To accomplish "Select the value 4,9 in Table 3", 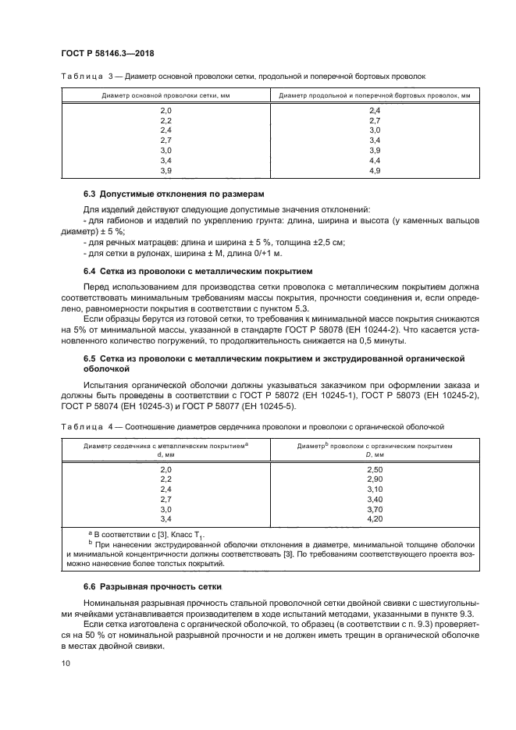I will (374, 170).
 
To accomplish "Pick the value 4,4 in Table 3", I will (374, 160).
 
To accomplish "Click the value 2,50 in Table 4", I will (374, 468).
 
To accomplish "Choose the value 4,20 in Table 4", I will (374, 518).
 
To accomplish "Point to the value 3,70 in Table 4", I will (374, 508).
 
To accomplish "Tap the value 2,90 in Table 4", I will (374, 479).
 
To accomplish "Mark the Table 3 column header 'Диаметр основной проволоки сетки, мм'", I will (165, 95).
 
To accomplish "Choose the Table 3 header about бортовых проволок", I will (374, 95).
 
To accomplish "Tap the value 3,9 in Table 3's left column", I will (165, 170).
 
